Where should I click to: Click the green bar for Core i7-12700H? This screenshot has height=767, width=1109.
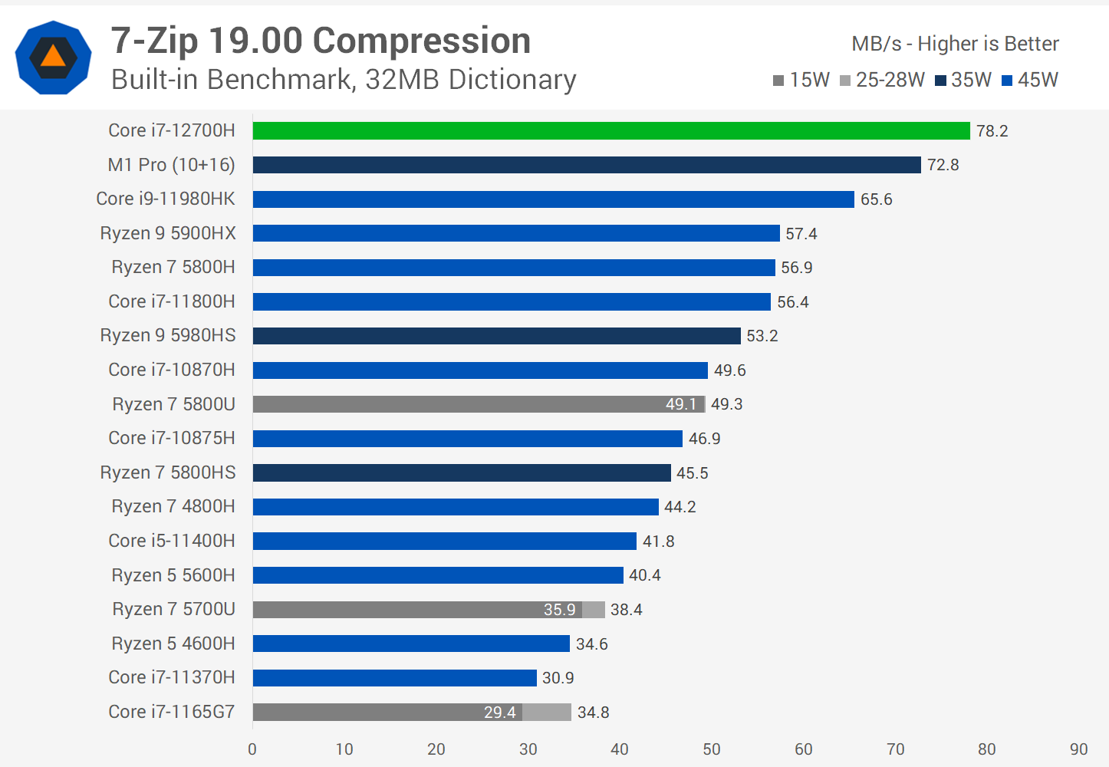click(611, 131)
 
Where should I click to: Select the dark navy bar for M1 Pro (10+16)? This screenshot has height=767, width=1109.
click(587, 165)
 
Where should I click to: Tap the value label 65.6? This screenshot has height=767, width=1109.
click(876, 199)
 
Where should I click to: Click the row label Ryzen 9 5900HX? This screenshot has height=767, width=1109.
click(168, 233)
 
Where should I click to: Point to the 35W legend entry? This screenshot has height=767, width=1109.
click(963, 80)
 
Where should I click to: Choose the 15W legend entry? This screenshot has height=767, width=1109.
click(801, 80)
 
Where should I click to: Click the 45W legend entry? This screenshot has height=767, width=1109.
click(1030, 80)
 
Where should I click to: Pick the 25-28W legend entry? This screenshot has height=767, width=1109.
click(882, 80)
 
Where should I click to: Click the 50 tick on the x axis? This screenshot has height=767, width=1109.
click(712, 749)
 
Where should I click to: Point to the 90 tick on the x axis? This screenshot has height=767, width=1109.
click(1078, 749)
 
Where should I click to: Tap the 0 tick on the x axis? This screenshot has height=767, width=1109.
click(252, 749)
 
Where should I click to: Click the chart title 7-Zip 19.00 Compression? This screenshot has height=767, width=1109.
click(321, 41)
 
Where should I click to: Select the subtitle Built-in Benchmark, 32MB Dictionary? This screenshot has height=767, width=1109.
click(344, 80)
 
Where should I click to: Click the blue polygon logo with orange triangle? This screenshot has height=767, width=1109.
click(53, 58)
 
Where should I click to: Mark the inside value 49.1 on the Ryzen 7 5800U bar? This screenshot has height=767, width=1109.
click(680, 404)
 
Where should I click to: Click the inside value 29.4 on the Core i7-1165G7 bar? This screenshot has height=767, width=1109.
click(499, 713)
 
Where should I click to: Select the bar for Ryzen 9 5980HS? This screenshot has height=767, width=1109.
click(496, 336)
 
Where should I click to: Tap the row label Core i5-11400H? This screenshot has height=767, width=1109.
click(172, 541)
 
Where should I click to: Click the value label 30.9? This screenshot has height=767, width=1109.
click(558, 678)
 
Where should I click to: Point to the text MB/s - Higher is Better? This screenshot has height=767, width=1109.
click(955, 44)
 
